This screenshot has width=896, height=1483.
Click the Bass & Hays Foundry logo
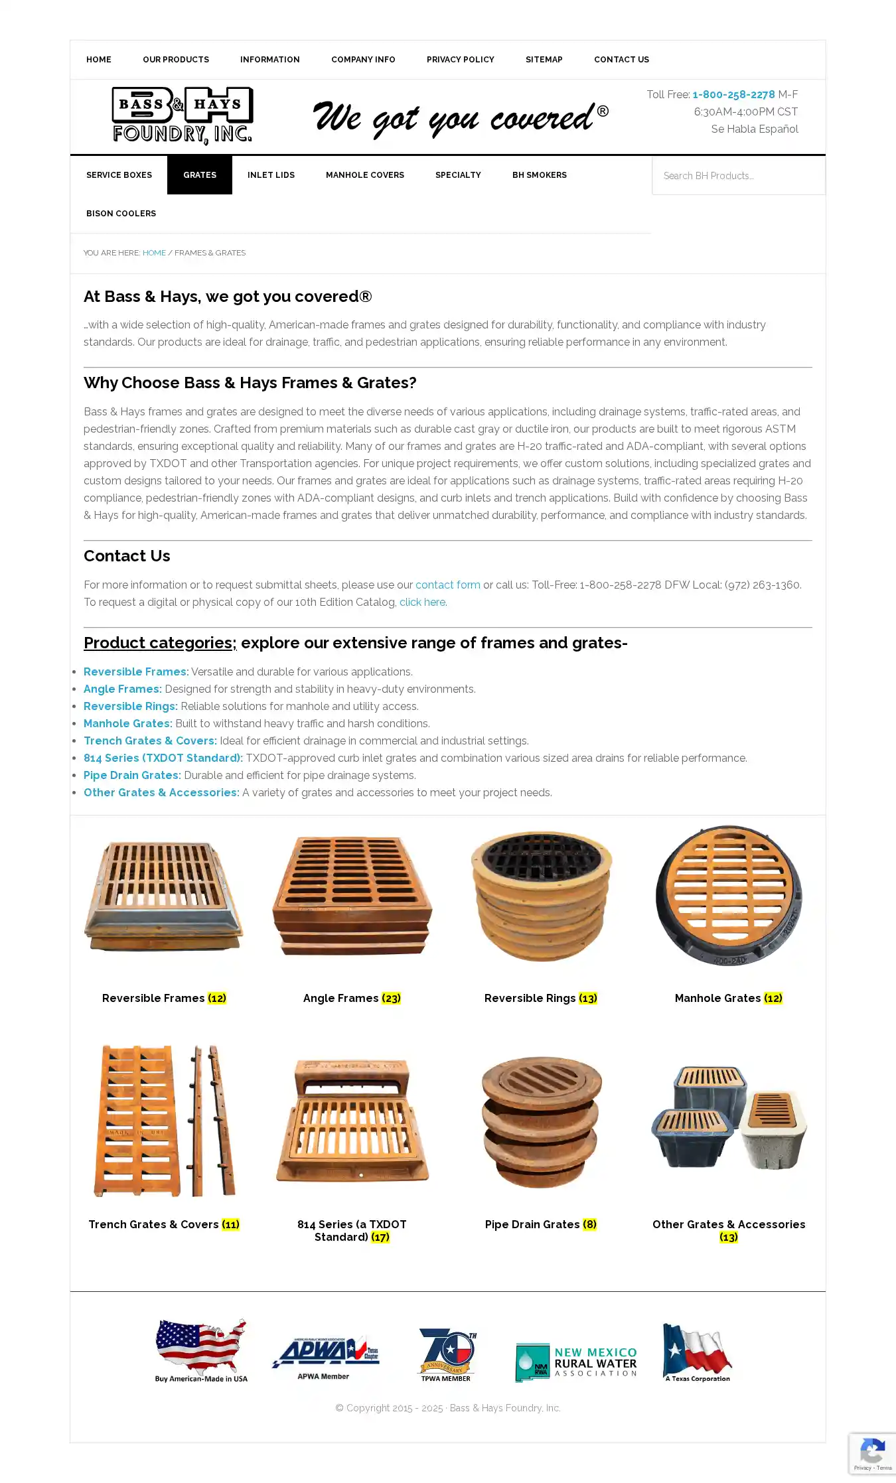182,115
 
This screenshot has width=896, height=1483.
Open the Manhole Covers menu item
364,175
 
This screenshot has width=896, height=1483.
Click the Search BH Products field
737,176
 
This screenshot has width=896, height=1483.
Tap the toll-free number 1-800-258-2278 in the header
733,95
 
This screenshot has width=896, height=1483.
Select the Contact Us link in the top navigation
621,60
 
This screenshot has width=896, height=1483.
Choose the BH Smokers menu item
539,175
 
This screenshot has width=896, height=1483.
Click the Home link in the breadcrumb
154,253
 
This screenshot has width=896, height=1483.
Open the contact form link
447,585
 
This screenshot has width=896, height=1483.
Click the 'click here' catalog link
422,602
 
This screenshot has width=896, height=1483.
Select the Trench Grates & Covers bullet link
150,741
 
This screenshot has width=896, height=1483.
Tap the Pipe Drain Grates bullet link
132,776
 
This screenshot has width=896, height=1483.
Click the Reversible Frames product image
164,895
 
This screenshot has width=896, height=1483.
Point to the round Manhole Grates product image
728,895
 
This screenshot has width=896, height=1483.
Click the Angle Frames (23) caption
351,998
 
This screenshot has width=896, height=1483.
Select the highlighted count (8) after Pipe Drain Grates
589,1224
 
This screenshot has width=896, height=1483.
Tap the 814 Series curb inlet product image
352,1121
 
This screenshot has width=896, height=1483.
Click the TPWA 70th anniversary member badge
447,1354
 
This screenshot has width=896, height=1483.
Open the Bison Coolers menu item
121,214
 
